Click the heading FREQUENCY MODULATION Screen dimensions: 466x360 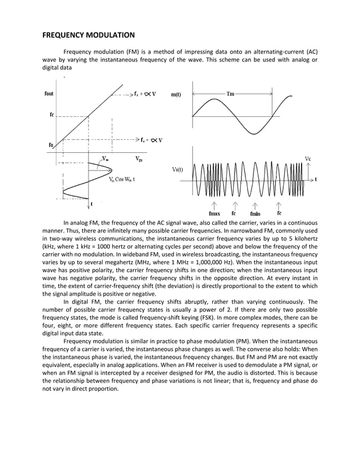(x=89, y=35)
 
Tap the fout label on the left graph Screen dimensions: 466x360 (x=50, y=94)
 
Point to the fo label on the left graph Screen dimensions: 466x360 (x=50, y=144)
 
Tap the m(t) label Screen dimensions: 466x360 (x=176, y=95)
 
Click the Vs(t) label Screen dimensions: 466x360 (x=177, y=169)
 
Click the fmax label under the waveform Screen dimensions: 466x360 (x=214, y=214)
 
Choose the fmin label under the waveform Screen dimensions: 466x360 (x=256, y=214)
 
